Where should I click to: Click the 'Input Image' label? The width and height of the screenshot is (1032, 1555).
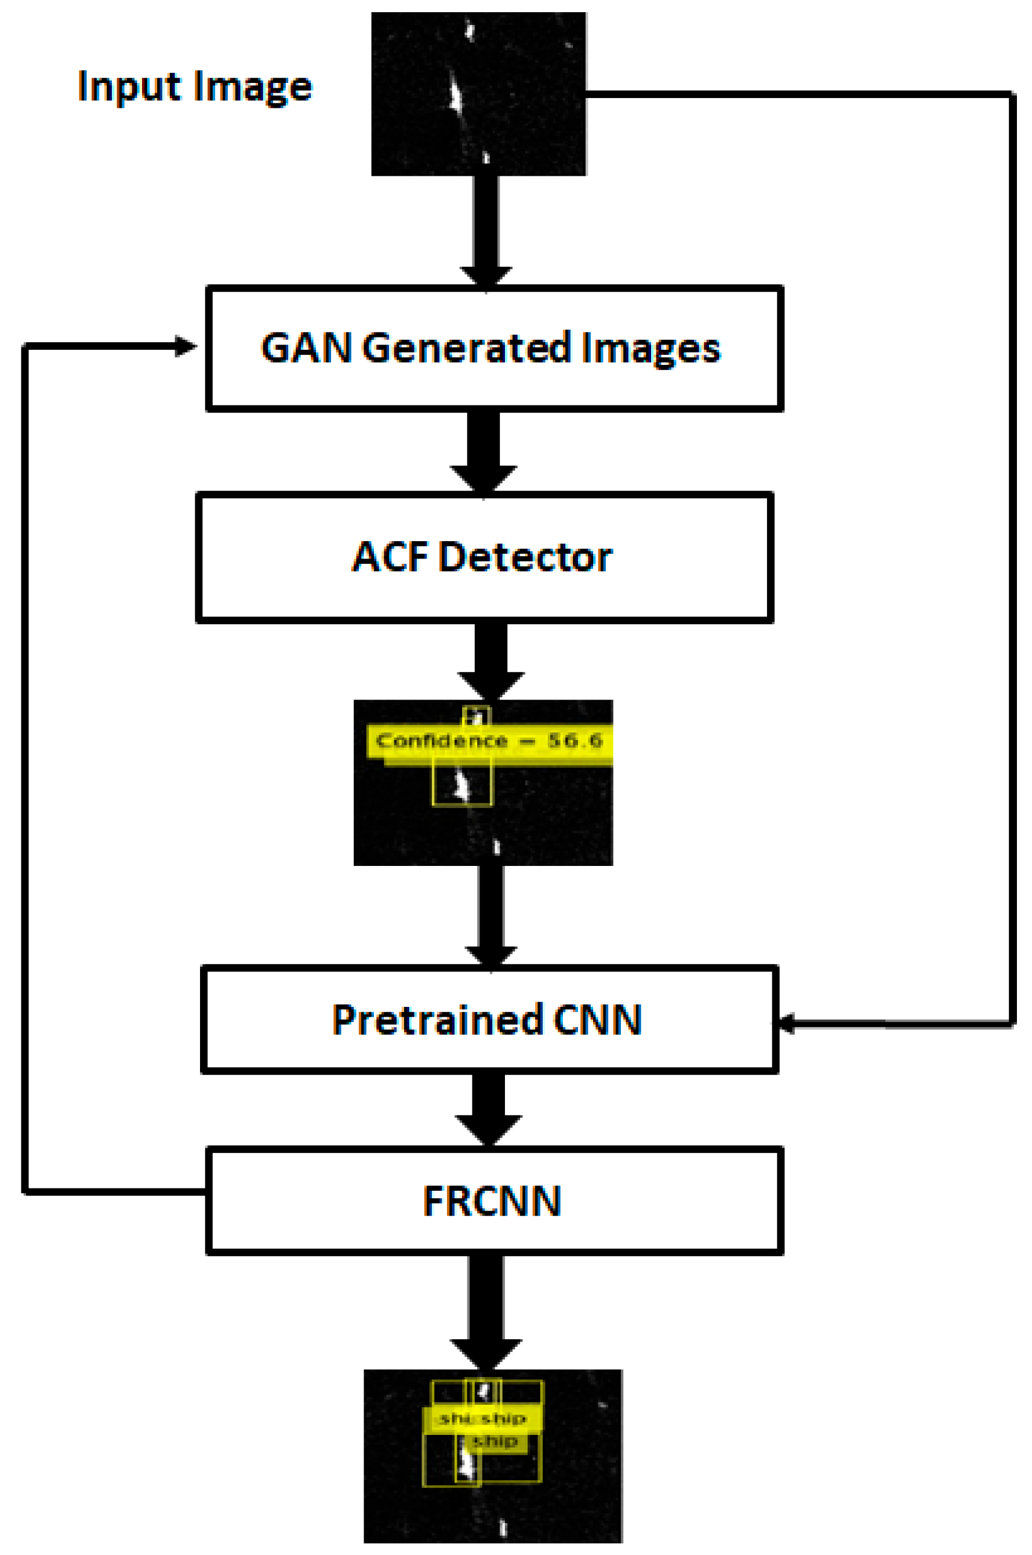(x=195, y=86)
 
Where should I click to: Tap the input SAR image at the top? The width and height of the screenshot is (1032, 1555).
(x=478, y=94)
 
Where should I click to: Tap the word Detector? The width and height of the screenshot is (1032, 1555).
(x=525, y=557)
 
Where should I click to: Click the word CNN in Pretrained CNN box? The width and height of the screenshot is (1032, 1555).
(x=597, y=1020)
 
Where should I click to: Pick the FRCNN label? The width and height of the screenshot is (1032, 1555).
(x=492, y=1201)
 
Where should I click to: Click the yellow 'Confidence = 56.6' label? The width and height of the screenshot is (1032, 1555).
(x=489, y=741)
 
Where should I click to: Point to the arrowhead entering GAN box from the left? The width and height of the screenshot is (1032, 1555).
(x=186, y=346)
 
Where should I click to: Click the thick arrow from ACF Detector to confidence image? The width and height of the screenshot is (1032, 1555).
(x=491, y=658)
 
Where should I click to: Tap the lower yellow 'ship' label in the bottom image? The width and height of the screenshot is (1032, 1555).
(x=495, y=1441)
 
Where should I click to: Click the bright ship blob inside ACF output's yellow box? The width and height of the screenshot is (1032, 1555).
(x=462, y=785)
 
